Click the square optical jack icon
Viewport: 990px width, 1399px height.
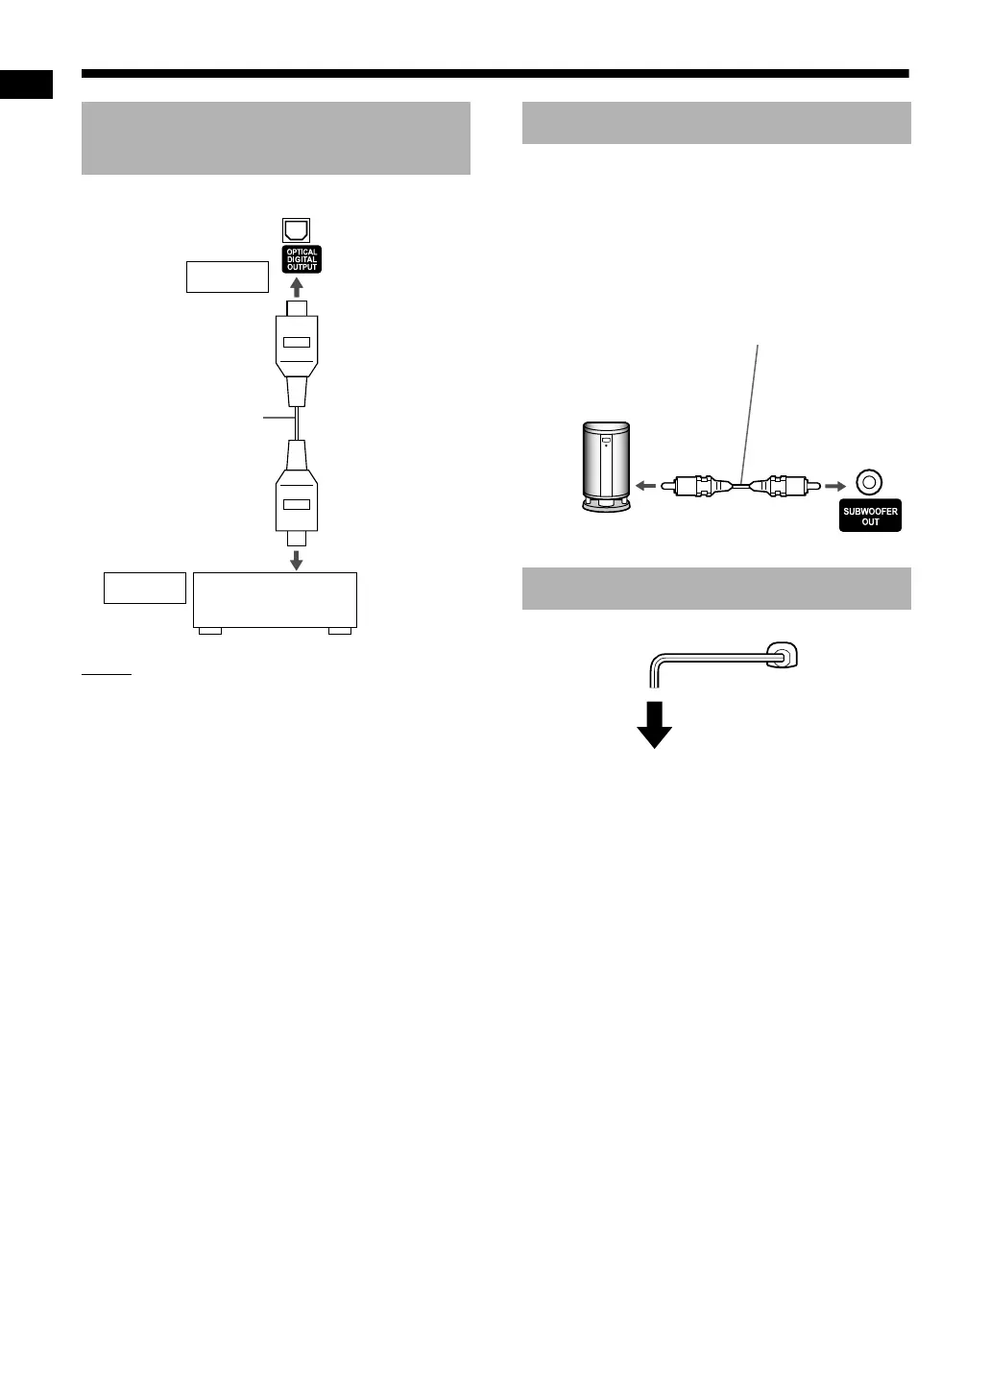click(x=297, y=230)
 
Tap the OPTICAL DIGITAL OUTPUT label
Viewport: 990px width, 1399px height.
click(x=302, y=259)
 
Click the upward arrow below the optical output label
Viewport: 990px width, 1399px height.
click(x=297, y=287)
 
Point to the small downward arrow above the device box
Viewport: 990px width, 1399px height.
click(x=297, y=559)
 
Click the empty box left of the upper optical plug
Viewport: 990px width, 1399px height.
click(x=227, y=277)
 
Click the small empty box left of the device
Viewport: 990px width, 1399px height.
click(x=144, y=588)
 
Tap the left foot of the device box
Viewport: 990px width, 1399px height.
click(x=209, y=631)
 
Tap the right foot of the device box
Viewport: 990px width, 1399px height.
click(x=340, y=631)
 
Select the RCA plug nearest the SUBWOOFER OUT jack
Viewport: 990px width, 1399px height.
click(x=782, y=486)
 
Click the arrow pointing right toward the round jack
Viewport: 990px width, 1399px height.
click(x=834, y=486)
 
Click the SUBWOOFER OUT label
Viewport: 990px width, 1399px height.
click(x=870, y=517)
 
